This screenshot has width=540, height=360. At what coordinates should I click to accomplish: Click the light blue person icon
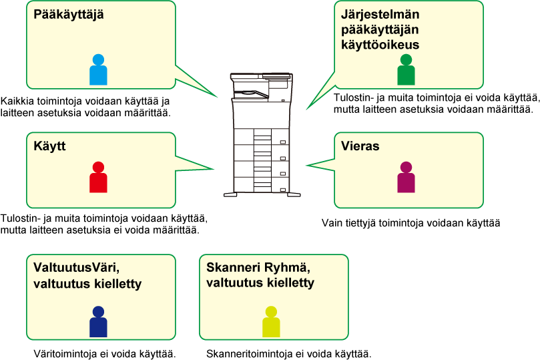point(98,69)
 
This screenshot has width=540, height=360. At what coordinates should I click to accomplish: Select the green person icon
point(406,69)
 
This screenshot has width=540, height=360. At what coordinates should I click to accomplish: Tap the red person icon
point(98,177)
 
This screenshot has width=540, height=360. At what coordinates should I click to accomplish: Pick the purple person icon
point(406,177)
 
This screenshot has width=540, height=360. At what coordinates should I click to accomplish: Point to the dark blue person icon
point(98,321)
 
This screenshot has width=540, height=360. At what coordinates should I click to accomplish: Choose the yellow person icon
point(271,321)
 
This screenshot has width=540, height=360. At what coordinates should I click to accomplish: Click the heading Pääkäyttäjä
point(69,15)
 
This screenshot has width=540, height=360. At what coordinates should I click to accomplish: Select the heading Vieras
point(360,146)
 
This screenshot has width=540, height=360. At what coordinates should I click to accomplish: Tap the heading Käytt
point(49,146)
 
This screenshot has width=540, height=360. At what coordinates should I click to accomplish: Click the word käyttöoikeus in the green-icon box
point(380,45)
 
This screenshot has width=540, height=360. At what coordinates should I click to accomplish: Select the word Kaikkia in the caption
point(17,101)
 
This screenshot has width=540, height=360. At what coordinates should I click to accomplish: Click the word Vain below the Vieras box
point(331,223)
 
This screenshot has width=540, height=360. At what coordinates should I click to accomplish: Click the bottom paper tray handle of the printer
point(283,190)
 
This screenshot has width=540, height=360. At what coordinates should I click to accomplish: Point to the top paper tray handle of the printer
point(283,142)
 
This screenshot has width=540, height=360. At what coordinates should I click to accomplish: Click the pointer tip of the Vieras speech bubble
point(306,166)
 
